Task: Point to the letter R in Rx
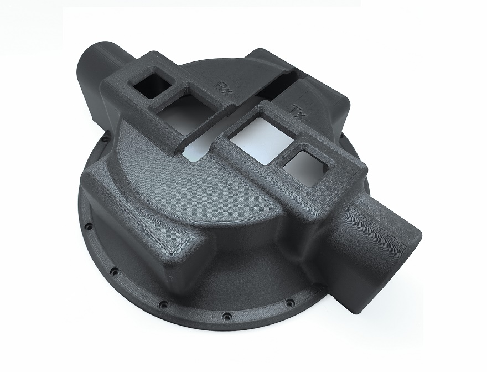coord(222,87)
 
